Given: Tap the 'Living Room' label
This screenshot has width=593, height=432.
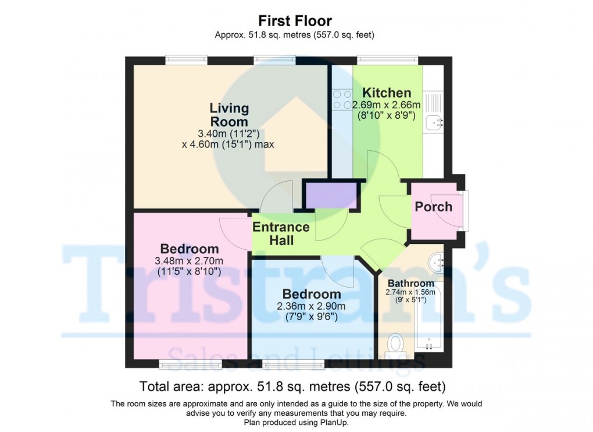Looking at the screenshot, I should coord(229,115).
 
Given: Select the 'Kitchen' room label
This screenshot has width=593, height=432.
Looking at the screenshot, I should coord(387,93).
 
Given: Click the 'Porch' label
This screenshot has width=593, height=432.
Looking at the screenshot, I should coord(433,207).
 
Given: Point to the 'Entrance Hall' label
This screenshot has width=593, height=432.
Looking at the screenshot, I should coord(281,233).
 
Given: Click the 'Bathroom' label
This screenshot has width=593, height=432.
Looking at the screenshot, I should coord(411,284).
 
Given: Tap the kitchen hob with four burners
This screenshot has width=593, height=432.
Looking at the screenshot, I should coord(342,100).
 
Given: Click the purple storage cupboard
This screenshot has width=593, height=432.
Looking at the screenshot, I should coord(331,195).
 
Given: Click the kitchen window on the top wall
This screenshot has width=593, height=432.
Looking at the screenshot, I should coord(387,59).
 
